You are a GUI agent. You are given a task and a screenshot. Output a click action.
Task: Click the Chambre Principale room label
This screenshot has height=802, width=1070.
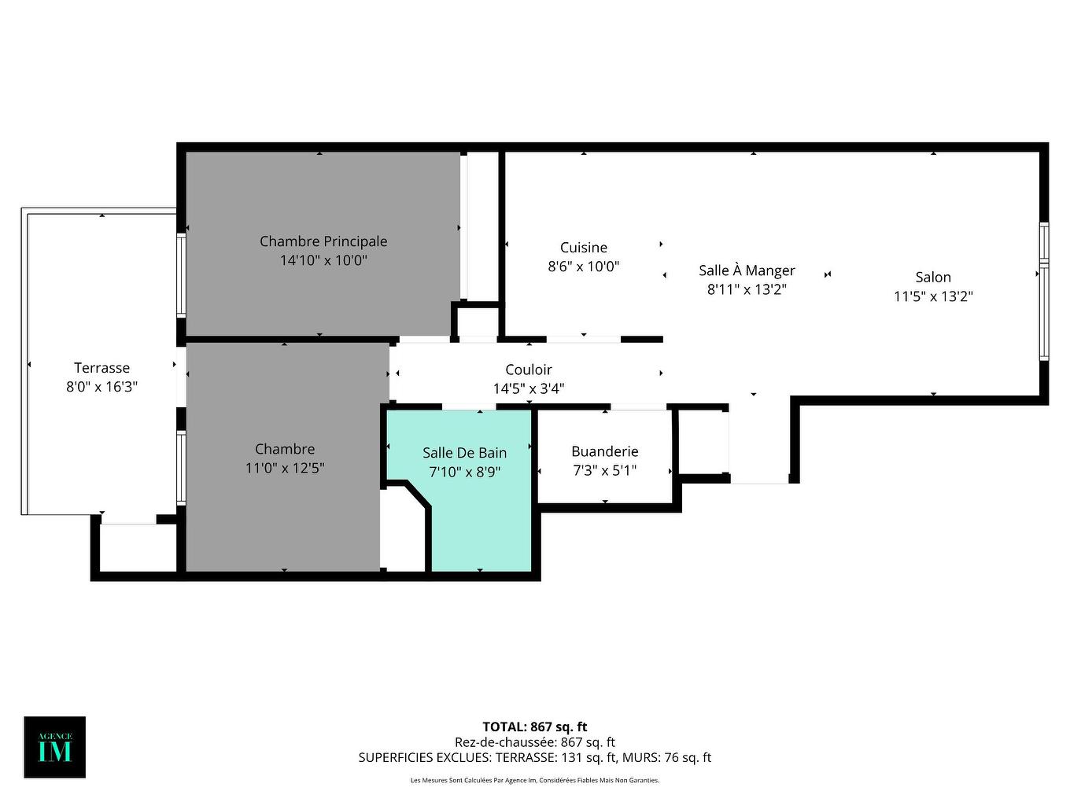tap(323, 241)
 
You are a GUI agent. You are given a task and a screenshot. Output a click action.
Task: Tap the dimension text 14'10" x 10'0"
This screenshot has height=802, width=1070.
tap(323, 260)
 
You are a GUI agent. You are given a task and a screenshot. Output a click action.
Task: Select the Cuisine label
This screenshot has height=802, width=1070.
tap(584, 248)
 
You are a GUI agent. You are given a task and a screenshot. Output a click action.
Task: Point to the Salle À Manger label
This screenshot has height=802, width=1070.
tap(747, 270)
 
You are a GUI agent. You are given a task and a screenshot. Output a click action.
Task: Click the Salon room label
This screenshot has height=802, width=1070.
tap(933, 277)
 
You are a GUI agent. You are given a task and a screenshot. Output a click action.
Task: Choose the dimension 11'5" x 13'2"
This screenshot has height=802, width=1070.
tap(933, 296)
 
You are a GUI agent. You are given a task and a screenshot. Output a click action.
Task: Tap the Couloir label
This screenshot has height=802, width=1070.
tap(529, 370)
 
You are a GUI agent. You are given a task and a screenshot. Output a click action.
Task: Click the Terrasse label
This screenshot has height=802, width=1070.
tap(101, 368)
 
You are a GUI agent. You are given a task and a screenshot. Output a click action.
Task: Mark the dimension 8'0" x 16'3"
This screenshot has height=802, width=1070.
tap(101, 387)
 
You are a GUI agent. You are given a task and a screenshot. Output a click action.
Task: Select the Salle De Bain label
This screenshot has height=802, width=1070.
tap(464, 453)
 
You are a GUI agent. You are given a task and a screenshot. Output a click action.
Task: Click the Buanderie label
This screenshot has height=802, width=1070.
tap(605, 451)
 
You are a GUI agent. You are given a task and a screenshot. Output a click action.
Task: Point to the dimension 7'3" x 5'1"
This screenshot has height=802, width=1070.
tap(605, 471)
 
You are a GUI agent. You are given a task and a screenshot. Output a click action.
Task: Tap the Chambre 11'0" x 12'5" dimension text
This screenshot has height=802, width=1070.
tap(285, 468)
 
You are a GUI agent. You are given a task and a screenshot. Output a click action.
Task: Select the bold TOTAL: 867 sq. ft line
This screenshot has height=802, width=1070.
tap(535, 727)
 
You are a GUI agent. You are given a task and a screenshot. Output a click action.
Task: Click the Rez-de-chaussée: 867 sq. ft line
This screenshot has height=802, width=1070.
tap(535, 742)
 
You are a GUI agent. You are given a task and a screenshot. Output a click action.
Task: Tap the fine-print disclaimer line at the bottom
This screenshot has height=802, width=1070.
tap(535, 780)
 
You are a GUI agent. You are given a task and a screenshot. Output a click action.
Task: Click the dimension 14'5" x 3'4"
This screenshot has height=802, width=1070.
tap(529, 388)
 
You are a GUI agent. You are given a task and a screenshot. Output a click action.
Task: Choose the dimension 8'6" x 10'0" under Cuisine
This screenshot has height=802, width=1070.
tap(584, 267)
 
